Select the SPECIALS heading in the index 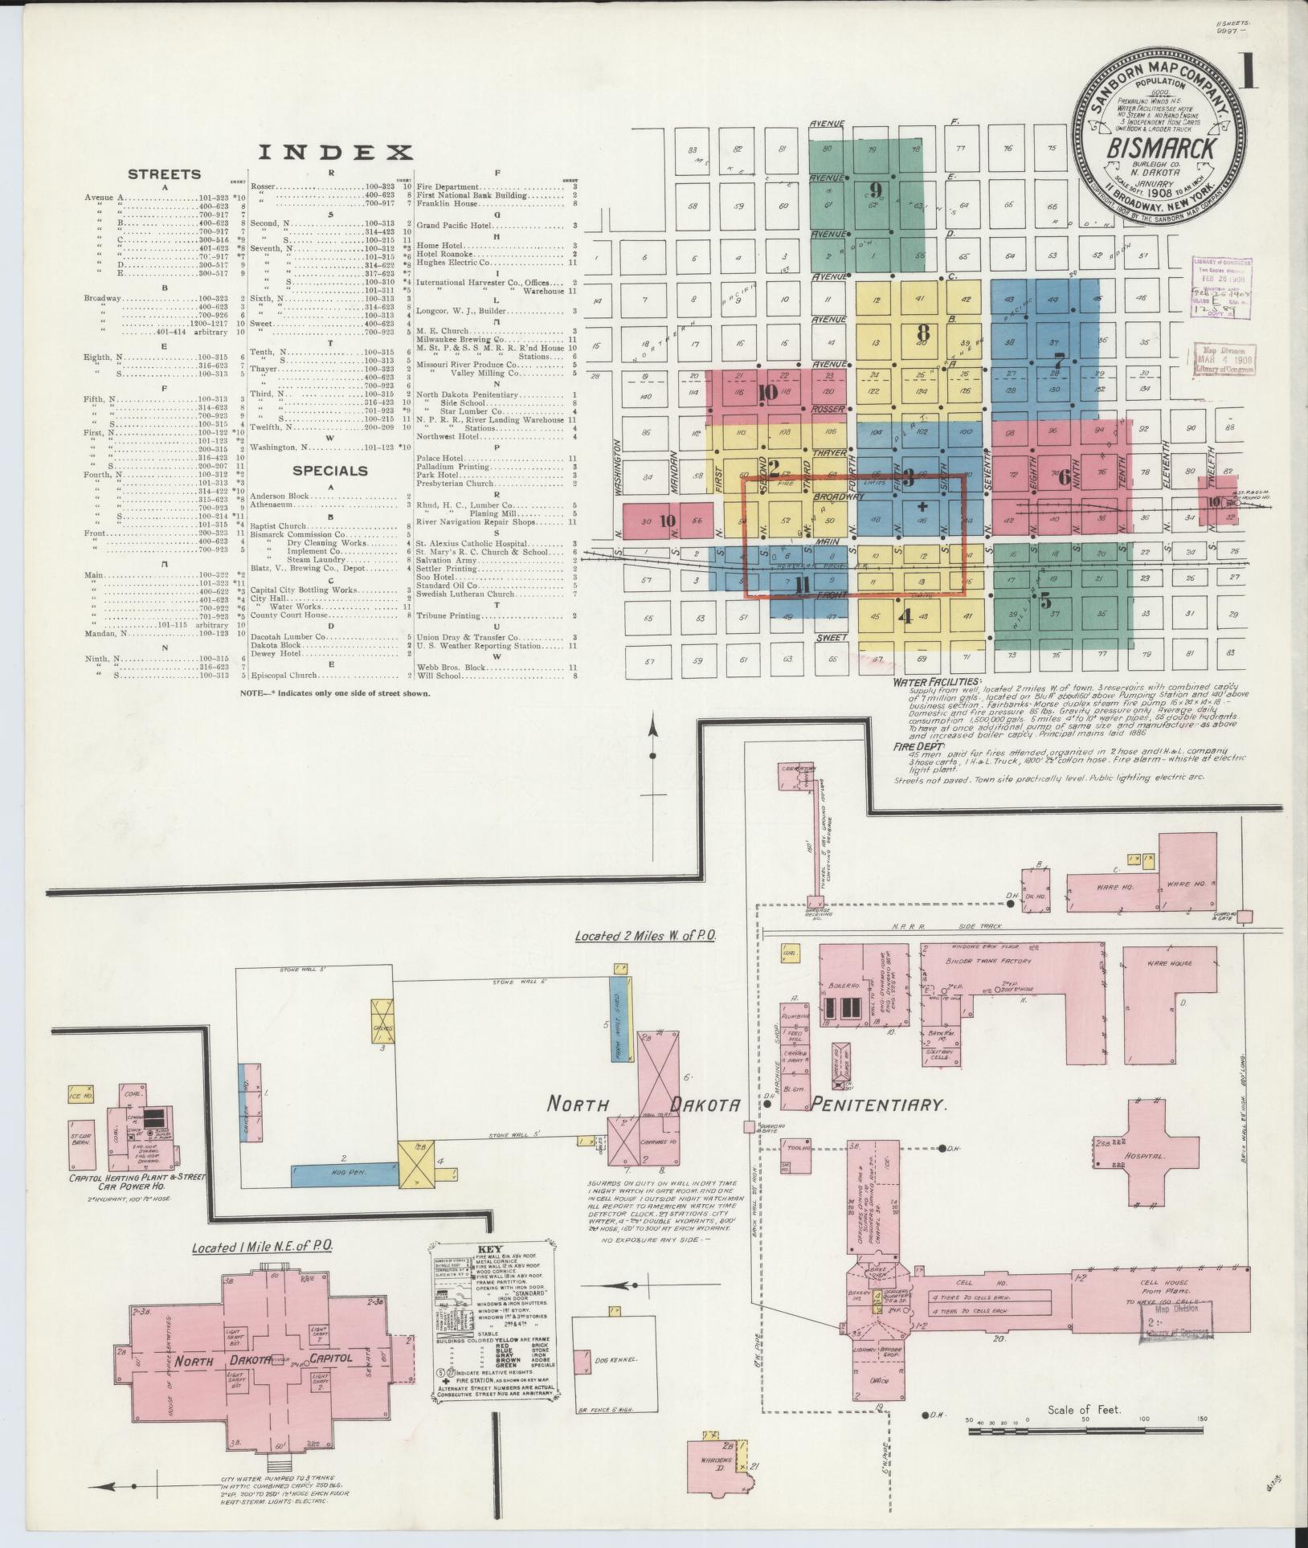click(x=330, y=471)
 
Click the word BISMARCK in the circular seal click(x=1162, y=149)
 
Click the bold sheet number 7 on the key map click(x=1059, y=361)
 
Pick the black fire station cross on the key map click(x=922, y=507)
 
